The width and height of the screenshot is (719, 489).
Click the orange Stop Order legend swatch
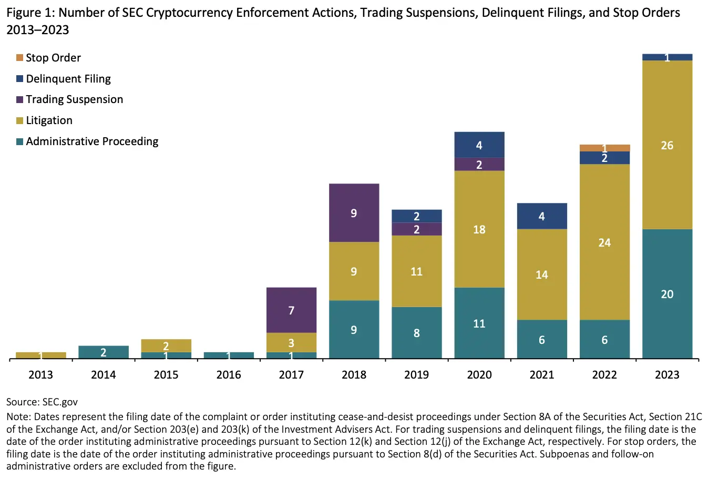pyautogui.click(x=20, y=57)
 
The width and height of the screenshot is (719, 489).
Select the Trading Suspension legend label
pyautogui.click(x=74, y=99)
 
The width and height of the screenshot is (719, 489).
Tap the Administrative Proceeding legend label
pyautogui.click(x=92, y=141)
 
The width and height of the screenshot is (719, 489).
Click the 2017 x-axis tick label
pyautogui.click(x=291, y=374)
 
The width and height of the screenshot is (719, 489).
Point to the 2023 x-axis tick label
pyautogui.click(x=667, y=374)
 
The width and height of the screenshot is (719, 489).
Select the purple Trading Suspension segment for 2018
pyautogui.click(x=354, y=212)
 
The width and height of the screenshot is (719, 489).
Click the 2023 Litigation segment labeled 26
pyautogui.click(x=667, y=145)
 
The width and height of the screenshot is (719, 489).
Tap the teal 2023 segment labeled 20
pyautogui.click(x=667, y=294)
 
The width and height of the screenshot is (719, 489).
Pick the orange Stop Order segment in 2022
pyautogui.click(x=604, y=147)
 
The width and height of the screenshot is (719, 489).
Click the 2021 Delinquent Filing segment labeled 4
pyautogui.click(x=542, y=216)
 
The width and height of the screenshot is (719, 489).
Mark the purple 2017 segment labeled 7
pyautogui.click(x=291, y=310)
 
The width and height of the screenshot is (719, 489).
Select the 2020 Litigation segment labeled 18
pyautogui.click(x=479, y=229)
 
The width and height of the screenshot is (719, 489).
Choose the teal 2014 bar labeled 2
pyautogui.click(x=104, y=352)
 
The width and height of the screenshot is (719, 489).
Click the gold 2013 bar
pyautogui.click(x=41, y=355)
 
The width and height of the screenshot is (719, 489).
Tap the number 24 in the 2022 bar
pyautogui.click(x=604, y=242)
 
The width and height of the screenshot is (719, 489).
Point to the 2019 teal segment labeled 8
pyautogui.click(x=416, y=333)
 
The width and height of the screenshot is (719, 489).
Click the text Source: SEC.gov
pyautogui.click(x=42, y=402)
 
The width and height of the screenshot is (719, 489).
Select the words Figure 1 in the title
pyautogui.click(x=29, y=13)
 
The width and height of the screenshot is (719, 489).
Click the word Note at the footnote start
pyautogui.click(x=18, y=417)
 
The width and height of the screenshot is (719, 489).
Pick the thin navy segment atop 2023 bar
pyautogui.click(x=667, y=57)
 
